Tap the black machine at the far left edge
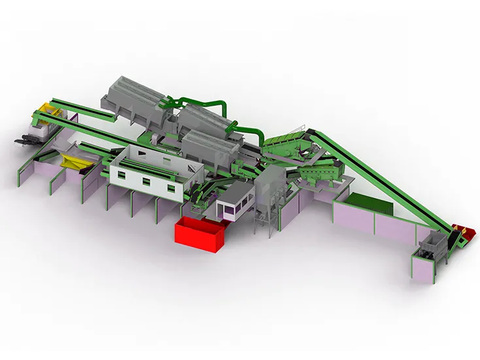tap(25, 138)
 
